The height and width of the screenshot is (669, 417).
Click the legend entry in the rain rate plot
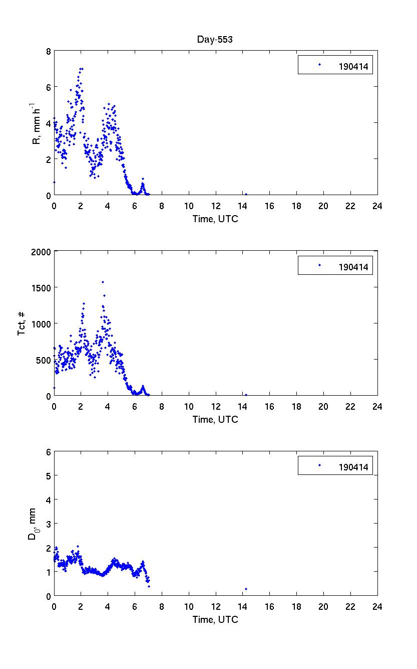coord(335,65)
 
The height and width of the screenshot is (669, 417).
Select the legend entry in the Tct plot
coord(335,265)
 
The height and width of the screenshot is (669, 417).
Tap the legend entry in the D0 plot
coord(335,465)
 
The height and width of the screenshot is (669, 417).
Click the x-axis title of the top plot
coord(215,219)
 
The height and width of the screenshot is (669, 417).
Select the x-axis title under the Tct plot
coord(215,419)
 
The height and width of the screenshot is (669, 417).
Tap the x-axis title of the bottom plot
coord(215,619)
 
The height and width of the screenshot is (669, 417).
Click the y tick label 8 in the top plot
coord(48,51)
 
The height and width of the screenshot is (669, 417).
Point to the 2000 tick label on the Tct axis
coord(42,252)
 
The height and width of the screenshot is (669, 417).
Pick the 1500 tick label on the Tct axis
coord(42,287)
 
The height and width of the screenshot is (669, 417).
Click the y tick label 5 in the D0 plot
coord(48,475)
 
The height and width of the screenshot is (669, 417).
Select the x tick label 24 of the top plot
coord(377,206)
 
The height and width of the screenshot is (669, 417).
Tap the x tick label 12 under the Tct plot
coord(216,406)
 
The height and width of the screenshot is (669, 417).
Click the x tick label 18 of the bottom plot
coord(296,606)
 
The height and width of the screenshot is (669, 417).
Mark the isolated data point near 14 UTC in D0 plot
coord(246,589)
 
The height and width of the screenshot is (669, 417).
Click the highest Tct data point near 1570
coord(103,282)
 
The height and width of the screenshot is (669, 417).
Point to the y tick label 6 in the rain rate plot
coord(48,87)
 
